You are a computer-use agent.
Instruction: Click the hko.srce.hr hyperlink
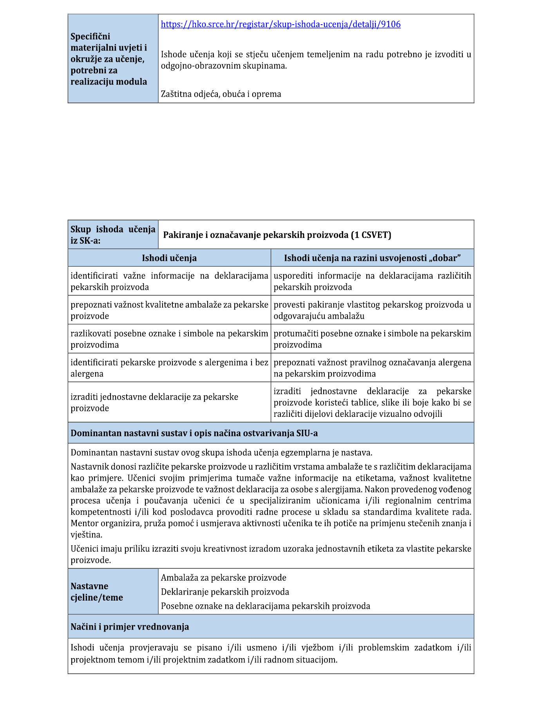281,24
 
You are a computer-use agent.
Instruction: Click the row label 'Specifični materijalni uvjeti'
109,59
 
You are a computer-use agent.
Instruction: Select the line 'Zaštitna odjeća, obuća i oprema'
221,94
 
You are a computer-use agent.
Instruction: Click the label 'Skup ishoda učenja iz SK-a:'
113,235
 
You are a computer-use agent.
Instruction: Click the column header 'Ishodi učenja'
169,258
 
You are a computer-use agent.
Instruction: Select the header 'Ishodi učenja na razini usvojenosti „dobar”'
372,258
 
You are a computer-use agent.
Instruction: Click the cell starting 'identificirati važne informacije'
169,281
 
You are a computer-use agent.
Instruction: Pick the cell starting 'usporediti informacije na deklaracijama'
372,281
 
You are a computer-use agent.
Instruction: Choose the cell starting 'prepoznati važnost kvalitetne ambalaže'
169,310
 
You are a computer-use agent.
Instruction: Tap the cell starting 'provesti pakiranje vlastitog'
372,310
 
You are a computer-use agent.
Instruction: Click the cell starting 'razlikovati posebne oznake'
169,339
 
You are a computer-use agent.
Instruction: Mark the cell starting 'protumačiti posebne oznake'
372,339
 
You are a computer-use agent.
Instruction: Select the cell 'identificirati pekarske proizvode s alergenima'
169,368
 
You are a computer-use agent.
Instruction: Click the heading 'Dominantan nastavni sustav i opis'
194,433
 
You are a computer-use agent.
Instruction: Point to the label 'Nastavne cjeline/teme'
97,592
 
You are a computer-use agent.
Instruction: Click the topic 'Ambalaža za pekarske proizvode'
223,578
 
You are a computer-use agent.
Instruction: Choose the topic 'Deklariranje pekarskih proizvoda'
225,592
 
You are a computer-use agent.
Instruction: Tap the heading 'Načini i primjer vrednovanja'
130,627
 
